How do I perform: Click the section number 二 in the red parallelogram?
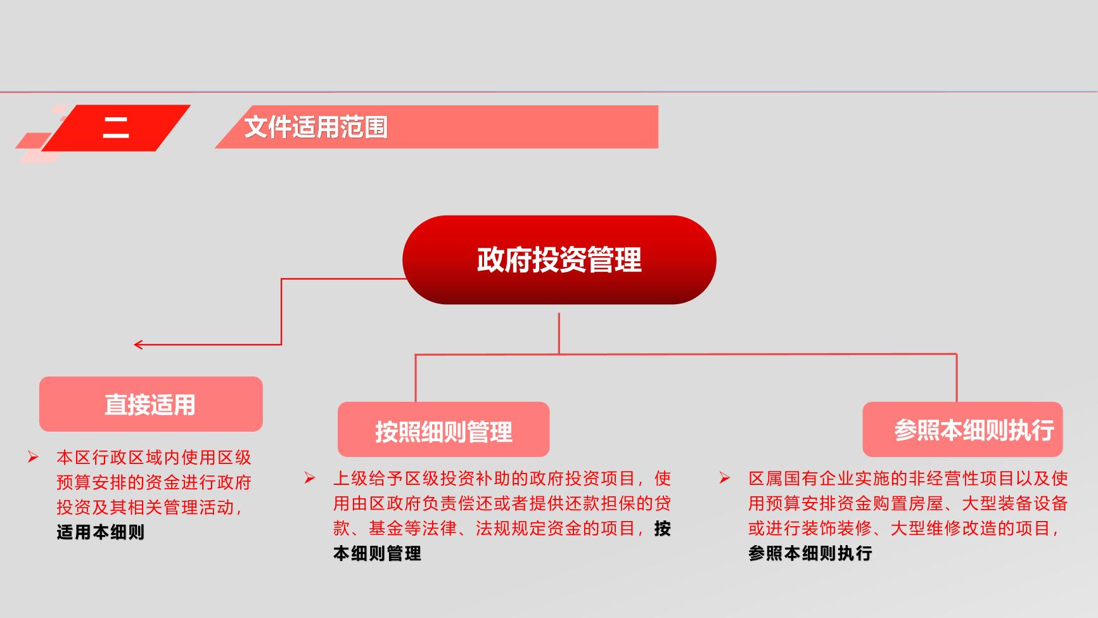pos(116,127)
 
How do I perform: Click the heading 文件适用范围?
pos(316,127)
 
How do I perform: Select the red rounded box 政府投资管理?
pos(559,260)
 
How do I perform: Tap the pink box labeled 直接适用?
pos(151,404)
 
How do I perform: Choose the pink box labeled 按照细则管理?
pos(444,430)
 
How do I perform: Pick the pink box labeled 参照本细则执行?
pos(962,430)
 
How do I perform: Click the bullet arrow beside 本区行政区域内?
pos(33,457)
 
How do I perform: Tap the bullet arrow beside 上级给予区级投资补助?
pos(310,478)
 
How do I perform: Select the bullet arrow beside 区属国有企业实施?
pos(725,478)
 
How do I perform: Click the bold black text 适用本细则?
pos(101,532)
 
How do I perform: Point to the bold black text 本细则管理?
pos(377,554)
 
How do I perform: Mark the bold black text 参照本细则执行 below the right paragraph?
pos(810,553)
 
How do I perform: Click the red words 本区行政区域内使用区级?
pos(154,457)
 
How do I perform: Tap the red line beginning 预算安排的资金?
pos(154,482)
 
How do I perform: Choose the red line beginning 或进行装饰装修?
pos(903,529)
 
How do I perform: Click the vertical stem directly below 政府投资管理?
pos(559,333)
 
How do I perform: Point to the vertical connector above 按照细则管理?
pos(416,378)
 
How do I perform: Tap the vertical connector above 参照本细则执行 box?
pos(956,378)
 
